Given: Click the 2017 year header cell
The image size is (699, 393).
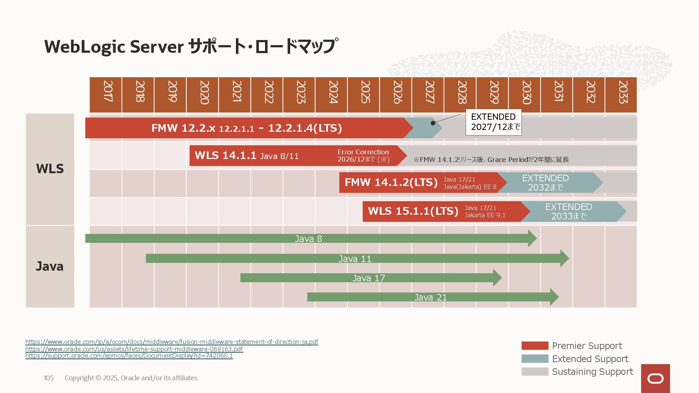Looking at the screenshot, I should [x=106, y=95].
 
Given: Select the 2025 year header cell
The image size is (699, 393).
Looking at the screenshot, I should [x=363, y=95].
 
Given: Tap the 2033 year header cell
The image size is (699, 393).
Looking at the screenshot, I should [x=621, y=95].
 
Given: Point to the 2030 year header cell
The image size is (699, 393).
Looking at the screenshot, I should [x=525, y=95].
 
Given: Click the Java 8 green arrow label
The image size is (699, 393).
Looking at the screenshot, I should [x=308, y=239].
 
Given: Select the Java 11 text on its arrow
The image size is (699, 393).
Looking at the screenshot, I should [x=355, y=259].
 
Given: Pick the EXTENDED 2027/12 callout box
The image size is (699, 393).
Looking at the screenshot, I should [x=494, y=122].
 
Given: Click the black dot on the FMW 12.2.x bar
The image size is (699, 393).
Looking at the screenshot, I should [x=433, y=123].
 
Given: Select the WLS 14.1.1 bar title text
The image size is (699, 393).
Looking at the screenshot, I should [x=225, y=155].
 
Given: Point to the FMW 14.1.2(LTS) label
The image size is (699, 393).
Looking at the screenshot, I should [x=391, y=182].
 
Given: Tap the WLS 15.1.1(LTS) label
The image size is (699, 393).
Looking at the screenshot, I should [x=413, y=211].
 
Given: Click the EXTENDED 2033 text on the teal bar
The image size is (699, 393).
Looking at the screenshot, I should [x=569, y=211].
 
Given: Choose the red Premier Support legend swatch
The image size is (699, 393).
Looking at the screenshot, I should [x=535, y=346].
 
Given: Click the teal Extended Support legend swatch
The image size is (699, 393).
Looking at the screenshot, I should [x=535, y=359].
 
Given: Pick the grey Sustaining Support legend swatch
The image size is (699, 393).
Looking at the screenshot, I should [x=535, y=372].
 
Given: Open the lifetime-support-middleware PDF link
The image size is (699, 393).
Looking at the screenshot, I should [x=134, y=349].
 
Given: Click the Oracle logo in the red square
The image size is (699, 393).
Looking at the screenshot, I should [x=655, y=378].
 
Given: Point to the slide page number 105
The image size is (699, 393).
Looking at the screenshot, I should [x=48, y=378].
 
